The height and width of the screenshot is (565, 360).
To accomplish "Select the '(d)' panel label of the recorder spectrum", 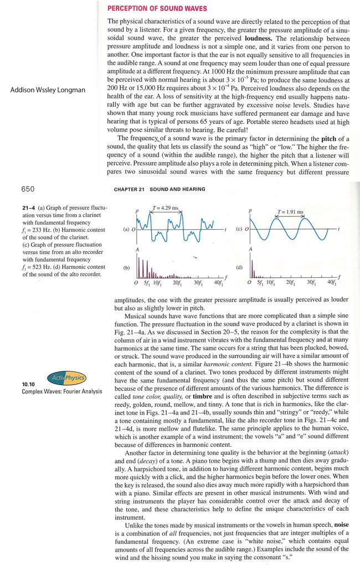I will pyautogui.click(x=240, y=267).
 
